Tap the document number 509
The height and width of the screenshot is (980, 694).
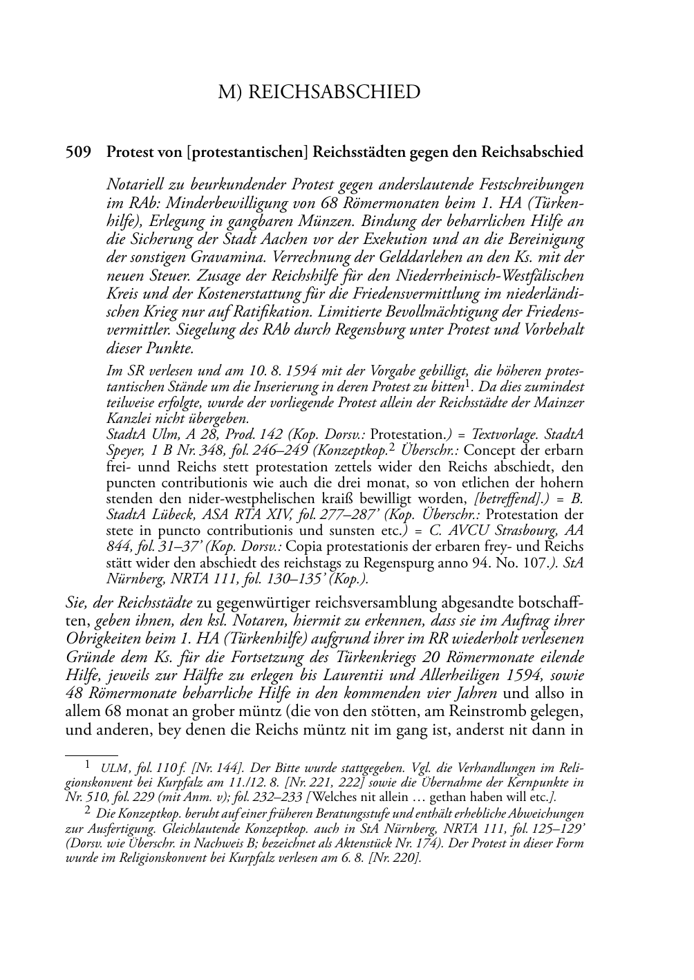coord(77,152)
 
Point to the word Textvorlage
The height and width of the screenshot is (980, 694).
coord(496,435)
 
